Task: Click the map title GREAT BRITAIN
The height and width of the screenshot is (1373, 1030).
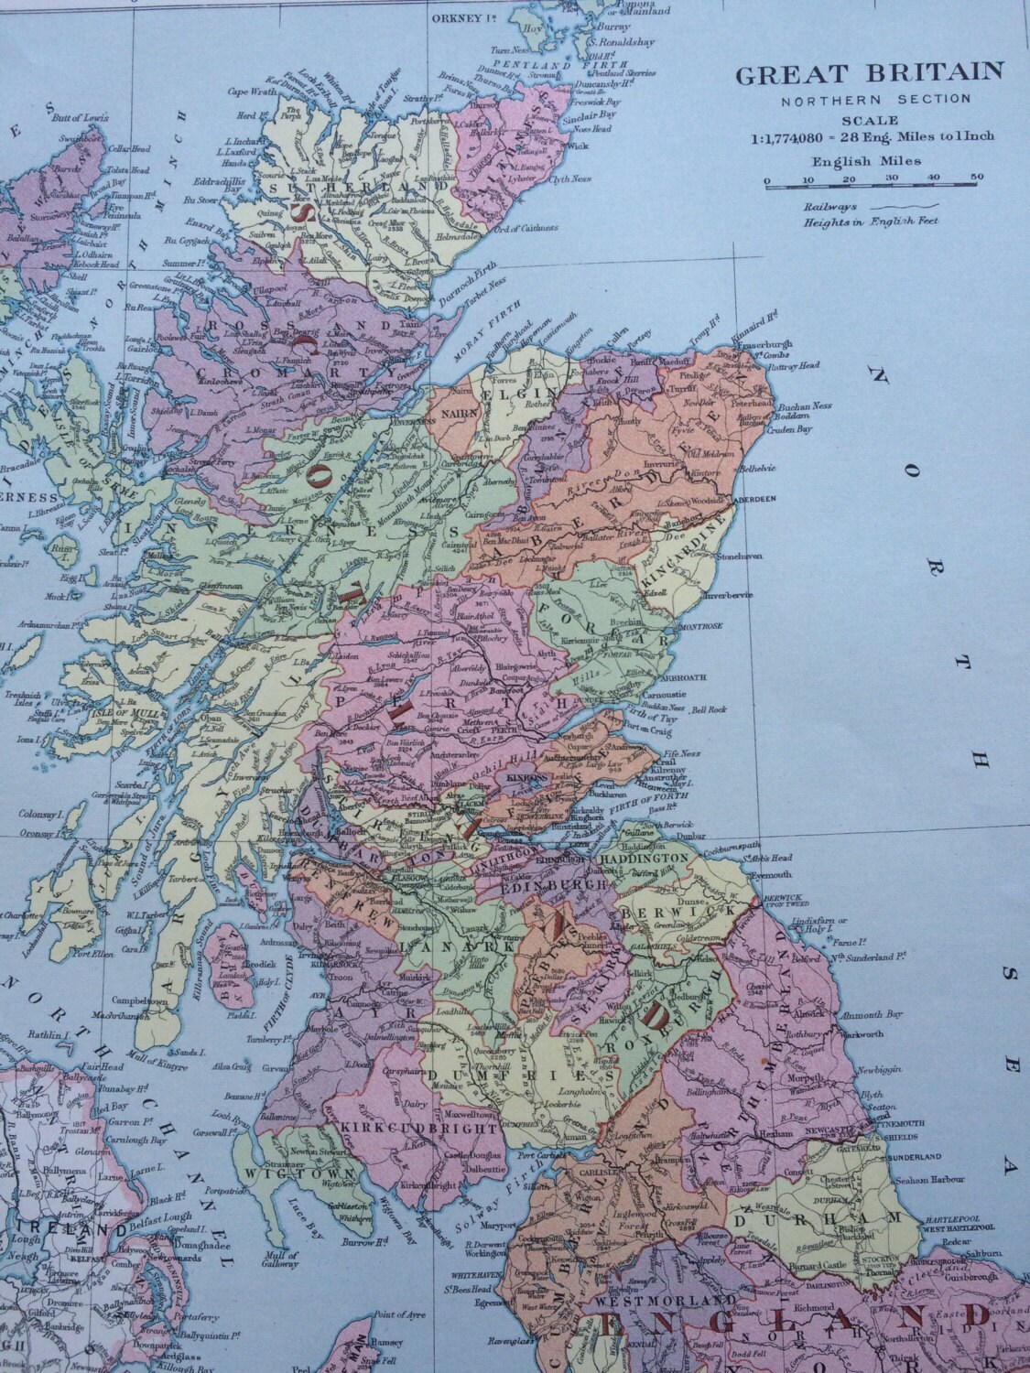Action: pos(870,72)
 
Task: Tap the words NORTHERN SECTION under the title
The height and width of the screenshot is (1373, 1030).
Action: pos(870,99)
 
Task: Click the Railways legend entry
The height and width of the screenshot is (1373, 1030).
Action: pos(824,207)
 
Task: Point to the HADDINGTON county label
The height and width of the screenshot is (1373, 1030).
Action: pos(644,858)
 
